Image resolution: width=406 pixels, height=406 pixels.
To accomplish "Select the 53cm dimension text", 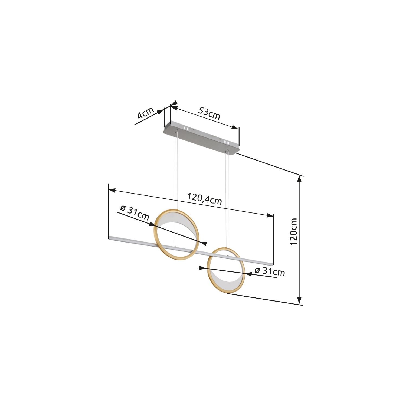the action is [209, 113].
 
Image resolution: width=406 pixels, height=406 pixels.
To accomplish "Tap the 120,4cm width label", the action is [205, 199].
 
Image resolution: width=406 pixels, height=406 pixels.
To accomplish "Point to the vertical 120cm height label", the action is [293, 232].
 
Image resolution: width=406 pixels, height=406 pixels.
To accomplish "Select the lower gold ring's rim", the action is [208, 271].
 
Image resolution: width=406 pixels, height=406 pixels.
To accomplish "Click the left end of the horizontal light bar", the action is [109, 237].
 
